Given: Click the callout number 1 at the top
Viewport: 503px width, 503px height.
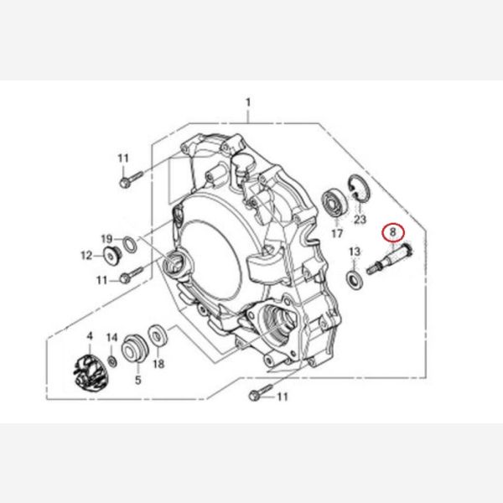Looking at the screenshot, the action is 248,103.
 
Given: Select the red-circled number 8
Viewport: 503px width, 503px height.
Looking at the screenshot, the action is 393,231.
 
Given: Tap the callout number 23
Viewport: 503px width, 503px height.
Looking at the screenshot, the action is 360,220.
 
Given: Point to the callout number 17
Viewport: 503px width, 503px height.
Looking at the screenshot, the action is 337,233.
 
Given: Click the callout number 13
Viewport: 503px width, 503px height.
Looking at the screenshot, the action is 355,251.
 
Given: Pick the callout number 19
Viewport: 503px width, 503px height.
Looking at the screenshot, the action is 106,239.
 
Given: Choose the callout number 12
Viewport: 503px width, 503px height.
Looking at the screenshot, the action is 86,256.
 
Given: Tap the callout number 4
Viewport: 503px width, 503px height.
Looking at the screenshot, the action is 90,336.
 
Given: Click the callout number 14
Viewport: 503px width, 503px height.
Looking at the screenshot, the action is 112,338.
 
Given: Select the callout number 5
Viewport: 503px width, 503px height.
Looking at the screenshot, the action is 138,380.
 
